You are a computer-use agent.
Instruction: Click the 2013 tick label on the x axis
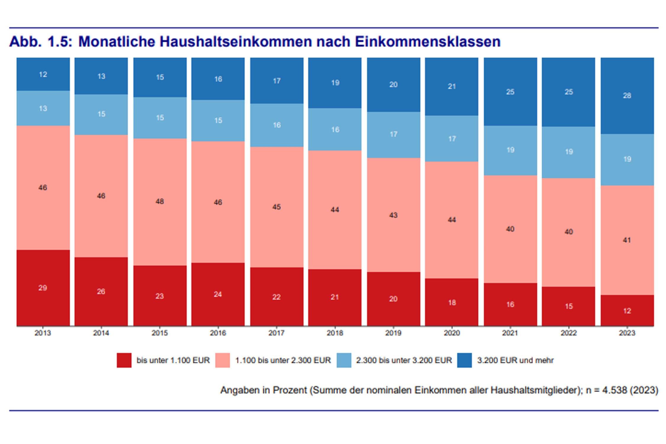(x=43, y=333)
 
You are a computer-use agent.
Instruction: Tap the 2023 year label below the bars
(x=627, y=333)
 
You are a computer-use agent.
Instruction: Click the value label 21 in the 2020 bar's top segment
(x=452, y=86)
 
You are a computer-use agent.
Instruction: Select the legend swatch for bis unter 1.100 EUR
(x=124, y=360)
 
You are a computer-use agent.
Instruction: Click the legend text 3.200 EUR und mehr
(x=515, y=360)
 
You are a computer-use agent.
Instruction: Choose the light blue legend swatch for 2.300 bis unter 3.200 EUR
(x=344, y=360)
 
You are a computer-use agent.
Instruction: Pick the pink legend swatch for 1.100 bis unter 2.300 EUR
(x=222, y=360)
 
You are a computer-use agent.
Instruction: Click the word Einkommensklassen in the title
(x=428, y=41)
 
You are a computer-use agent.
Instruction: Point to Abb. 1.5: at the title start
(x=41, y=41)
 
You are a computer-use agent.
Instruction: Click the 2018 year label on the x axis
(x=335, y=333)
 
